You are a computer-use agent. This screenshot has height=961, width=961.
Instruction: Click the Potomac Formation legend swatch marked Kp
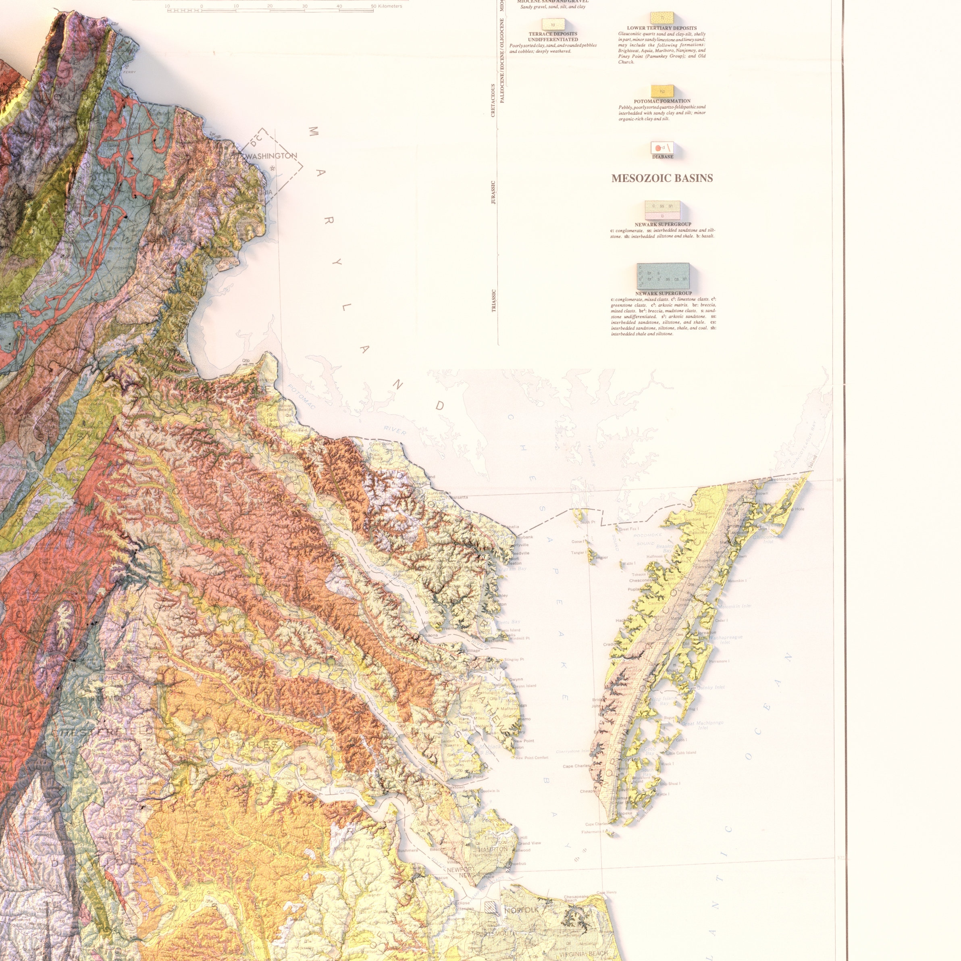(662, 91)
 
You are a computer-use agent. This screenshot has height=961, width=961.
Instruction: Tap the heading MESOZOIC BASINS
(661, 178)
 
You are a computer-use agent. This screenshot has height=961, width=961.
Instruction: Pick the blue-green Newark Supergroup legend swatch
(663, 276)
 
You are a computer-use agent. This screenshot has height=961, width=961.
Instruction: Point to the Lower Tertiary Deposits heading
(661, 28)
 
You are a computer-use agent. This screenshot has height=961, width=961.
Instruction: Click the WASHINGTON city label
(271, 156)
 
